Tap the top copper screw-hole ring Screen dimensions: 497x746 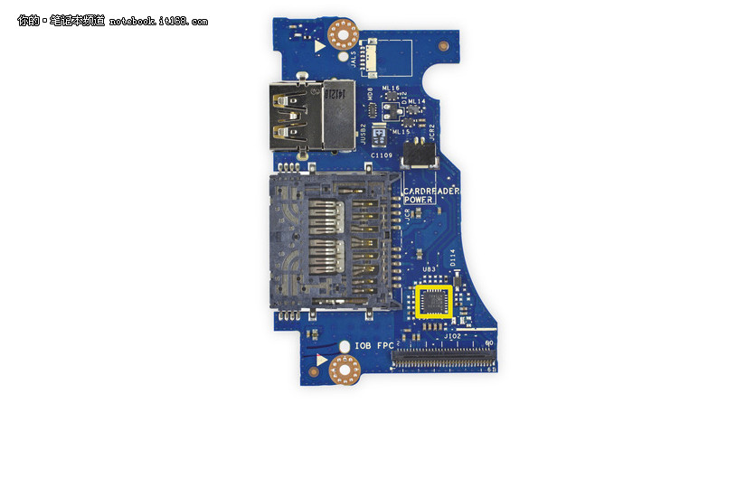tap(344, 35)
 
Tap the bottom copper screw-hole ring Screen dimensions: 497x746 tap(345, 369)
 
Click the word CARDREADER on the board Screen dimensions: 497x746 tap(432, 191)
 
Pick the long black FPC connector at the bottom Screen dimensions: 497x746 tap(443, 359)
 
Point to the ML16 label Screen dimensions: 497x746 tap(391, 88)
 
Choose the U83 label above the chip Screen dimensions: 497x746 tap(430, 270)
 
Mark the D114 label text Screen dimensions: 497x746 tap(453, 257)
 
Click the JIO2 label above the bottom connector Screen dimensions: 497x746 tap(453, 335)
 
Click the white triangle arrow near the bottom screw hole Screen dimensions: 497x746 tap(321, 360)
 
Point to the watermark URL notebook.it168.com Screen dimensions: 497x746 tap(159, 21)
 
